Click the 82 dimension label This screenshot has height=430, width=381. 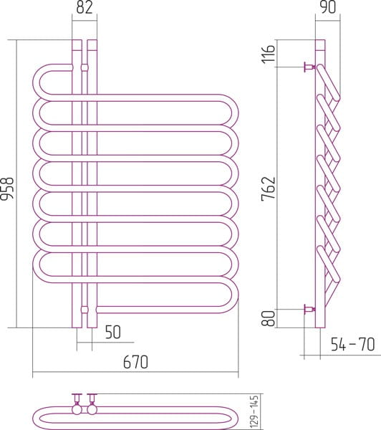click(x=85, y=7)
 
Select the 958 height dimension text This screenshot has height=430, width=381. click(x=7, y=188)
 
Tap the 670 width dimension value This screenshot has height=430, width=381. click(x=135, y=362)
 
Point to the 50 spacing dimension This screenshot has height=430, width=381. click(x=113, y=332)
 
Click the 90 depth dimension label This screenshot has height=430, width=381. click(x=328, y=7)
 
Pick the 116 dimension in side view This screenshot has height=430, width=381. click(x=268, y=54)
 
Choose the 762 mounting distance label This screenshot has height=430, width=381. click(x=268, y=188)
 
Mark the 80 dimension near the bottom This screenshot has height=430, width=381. click(x=268, y=318)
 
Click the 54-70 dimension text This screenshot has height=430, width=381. click(x=353, y=345)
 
